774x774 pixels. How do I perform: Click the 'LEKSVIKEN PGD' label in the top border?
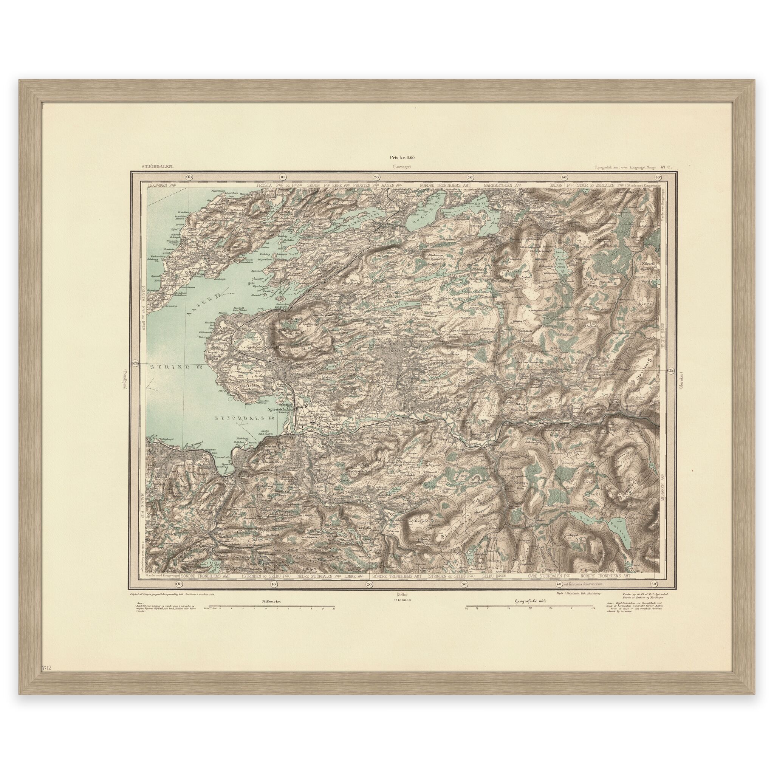coord(163,186)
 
